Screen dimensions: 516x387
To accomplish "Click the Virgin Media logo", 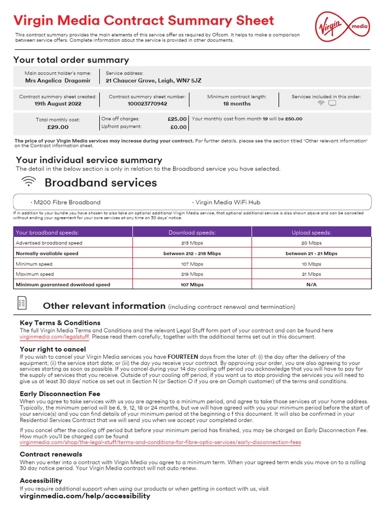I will pyautogui.click(x=342, y=26).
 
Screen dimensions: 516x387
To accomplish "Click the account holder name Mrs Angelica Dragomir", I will pyautogui.click(x=58, y=81).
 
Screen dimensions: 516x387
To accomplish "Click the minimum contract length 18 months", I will pyautogui.click(x=237, y=104).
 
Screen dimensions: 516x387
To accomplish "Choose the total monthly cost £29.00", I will pyautogui.click(x=58, y=127).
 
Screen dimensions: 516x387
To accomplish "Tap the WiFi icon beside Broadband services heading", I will pyautogui.click(x=29, y=182).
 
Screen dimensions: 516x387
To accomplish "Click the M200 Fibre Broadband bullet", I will pyautogui.click(x=67, y=203).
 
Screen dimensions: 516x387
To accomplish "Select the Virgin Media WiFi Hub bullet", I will pyautogui.click(x=227, y=203).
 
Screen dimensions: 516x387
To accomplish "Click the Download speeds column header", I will pyautogui.click(x=192, y=233).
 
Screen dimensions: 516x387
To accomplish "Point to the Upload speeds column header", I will pyautogui.click(x=311, y=233).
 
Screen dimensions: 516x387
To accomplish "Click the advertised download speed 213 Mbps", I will pyautogui.click(x=192, y=243).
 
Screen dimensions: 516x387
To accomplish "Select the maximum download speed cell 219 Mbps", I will pyautogui.click(x=192, y=275).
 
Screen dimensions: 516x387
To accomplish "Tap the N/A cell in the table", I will pyautogui.click(x=311, y=285).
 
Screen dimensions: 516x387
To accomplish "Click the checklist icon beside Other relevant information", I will pyautogui.click(x=22, y=303).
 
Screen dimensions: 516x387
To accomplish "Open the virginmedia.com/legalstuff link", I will pyautogui.click(x=54, y=337).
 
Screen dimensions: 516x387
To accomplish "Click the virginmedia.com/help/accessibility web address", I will pyautogui.click(x=85, y=496).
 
